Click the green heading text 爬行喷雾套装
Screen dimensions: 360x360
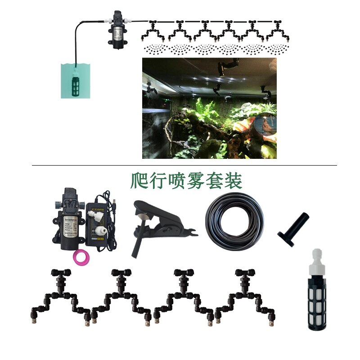[x=186, y=180]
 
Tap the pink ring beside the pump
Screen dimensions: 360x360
[x=80, y=256]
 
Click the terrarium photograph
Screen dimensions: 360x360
[x=209, y=108]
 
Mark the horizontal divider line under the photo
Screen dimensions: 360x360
[x=184, y=165]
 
